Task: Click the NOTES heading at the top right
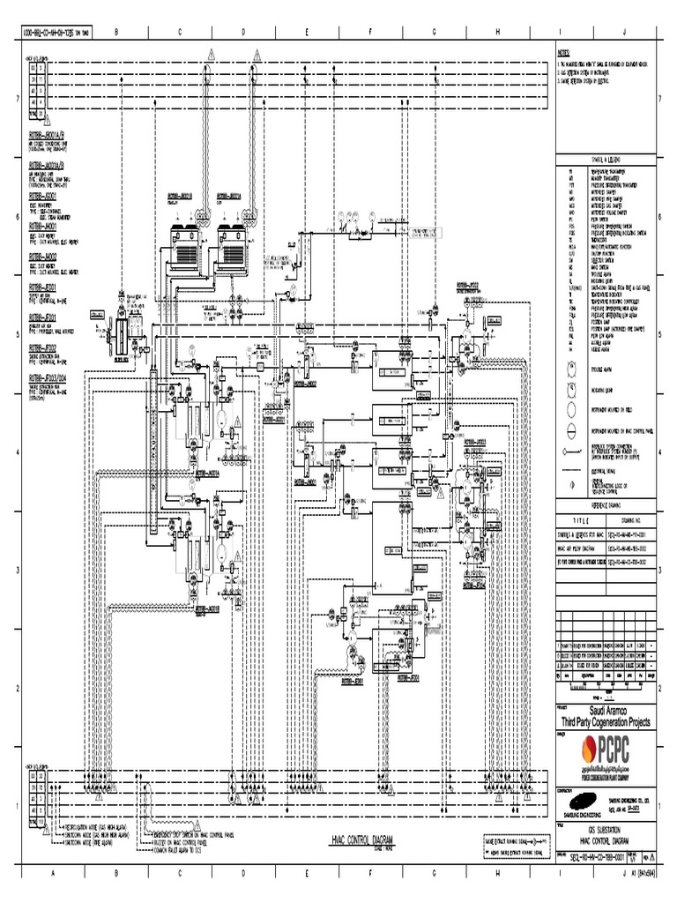point(564,52)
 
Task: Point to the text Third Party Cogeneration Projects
point(611,721)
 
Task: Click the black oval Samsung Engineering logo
point(573,799)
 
